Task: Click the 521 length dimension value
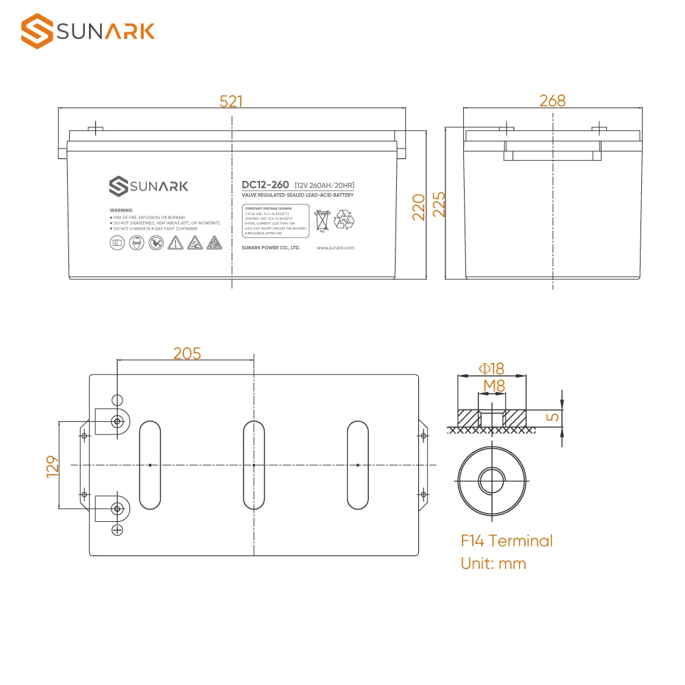[231, 101]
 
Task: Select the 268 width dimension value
[552, 101]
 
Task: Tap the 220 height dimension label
[419, 205]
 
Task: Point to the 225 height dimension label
[439, 204]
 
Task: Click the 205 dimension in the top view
[187, 353]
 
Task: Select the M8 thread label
[493, 386]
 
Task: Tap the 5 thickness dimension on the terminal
[554, 416]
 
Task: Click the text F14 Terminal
[506, 541]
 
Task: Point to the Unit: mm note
[493, 564]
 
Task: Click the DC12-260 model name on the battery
[265, 185]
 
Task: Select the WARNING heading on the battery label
[120, 210]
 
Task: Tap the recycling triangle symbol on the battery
[344, 221]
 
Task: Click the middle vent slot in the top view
[253, 465]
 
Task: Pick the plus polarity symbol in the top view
[117, 530]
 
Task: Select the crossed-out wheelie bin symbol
[321, 221]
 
